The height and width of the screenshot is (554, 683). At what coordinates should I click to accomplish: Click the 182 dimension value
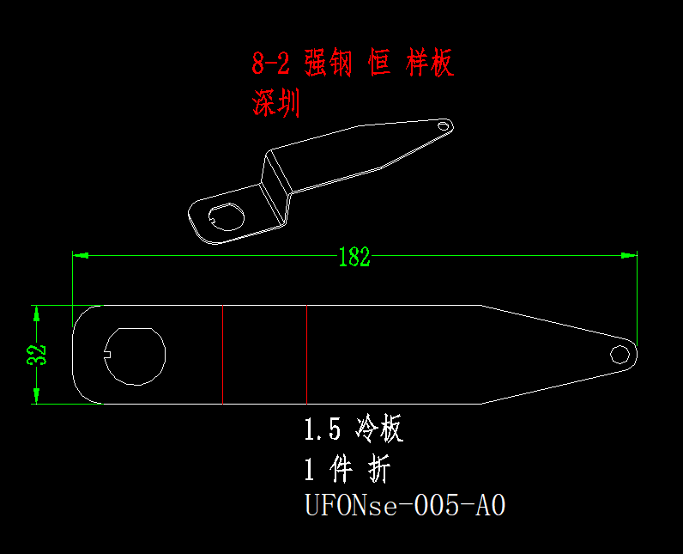click(354, 257)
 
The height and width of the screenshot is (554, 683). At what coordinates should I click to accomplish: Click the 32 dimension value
click(36, 354)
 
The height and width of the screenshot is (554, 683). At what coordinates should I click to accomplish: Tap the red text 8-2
click(272, 64)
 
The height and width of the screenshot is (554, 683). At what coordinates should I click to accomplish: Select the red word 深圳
click(275, 104)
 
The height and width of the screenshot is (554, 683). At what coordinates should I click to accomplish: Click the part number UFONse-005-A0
click(405, 505)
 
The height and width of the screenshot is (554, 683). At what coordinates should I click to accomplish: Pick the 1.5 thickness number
click(323, 429)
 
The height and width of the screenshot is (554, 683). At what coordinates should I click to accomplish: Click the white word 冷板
click(378, 429)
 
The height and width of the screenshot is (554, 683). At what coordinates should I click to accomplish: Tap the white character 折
click(378, 470)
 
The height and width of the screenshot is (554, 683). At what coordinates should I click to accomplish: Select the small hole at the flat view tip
click(619, 354)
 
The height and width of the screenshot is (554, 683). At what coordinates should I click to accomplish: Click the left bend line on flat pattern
click(222, 354)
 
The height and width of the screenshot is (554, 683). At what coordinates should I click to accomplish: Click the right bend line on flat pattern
click(307, 354)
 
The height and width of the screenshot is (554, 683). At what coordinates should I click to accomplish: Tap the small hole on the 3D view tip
click(443, 125)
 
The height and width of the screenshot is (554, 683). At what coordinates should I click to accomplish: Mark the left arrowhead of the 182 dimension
click(79, 255)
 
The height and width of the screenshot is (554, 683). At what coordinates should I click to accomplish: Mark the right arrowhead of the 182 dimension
click(631, 255)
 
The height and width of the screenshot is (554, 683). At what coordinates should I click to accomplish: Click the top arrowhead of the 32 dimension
click(37, 312)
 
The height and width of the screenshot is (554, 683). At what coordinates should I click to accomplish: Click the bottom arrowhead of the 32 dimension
click(37, 397)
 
